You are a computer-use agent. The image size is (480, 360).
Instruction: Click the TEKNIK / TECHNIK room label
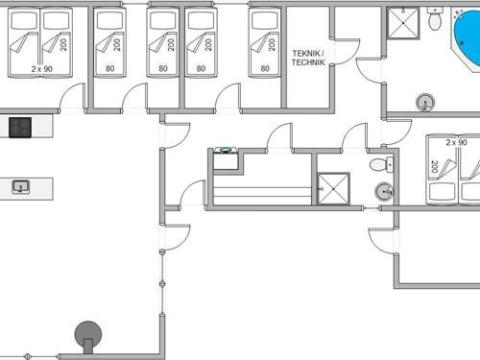(308, 58)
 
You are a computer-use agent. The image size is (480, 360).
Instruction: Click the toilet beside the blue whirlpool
(436, 17)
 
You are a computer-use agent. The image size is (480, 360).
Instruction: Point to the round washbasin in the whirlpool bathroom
(424, 102)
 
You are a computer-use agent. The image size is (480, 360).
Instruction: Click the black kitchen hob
(21, 126)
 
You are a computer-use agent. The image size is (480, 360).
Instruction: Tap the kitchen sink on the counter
(21, 186)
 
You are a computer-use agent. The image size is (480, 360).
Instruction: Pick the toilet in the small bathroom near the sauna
(384, 163)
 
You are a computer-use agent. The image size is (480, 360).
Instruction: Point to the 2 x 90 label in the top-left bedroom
(41, 69)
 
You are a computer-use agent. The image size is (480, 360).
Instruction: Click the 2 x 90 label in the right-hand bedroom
(456, 142)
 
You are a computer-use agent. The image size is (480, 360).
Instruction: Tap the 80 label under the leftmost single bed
(110, 68)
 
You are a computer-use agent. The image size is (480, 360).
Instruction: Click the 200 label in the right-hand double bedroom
(434, 167)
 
